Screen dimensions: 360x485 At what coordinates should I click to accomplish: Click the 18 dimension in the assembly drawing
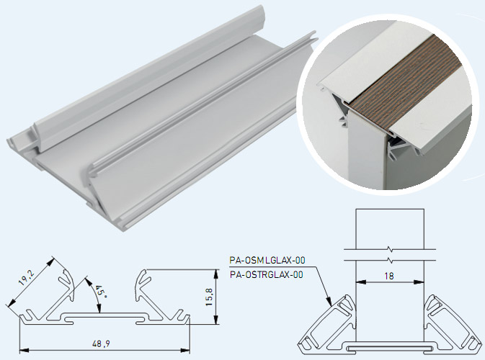pos(389,276)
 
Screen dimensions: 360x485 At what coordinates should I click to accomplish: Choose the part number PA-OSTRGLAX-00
pos(265,274)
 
